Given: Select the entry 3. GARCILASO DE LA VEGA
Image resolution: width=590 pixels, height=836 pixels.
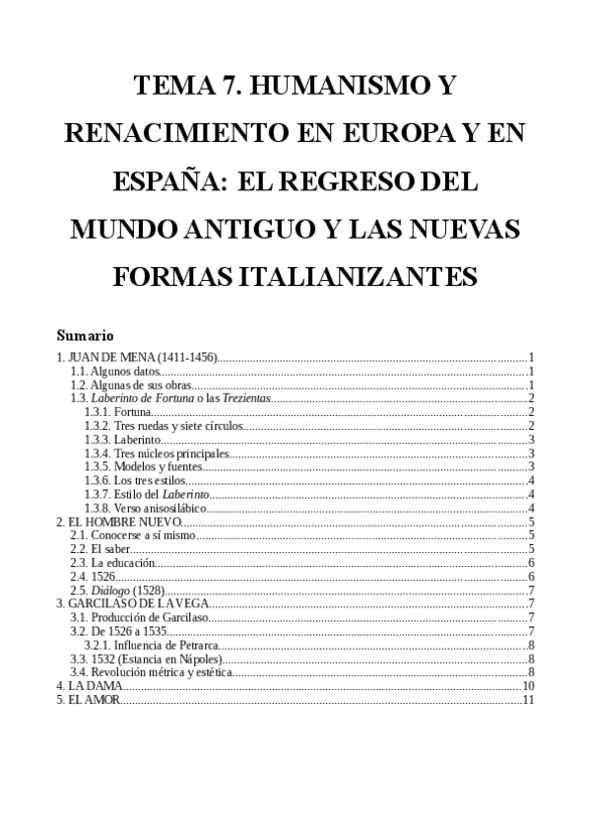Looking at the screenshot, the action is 129,603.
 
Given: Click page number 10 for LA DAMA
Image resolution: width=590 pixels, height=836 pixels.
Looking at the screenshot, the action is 528,686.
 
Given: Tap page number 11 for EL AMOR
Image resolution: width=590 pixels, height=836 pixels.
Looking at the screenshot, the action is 528,700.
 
